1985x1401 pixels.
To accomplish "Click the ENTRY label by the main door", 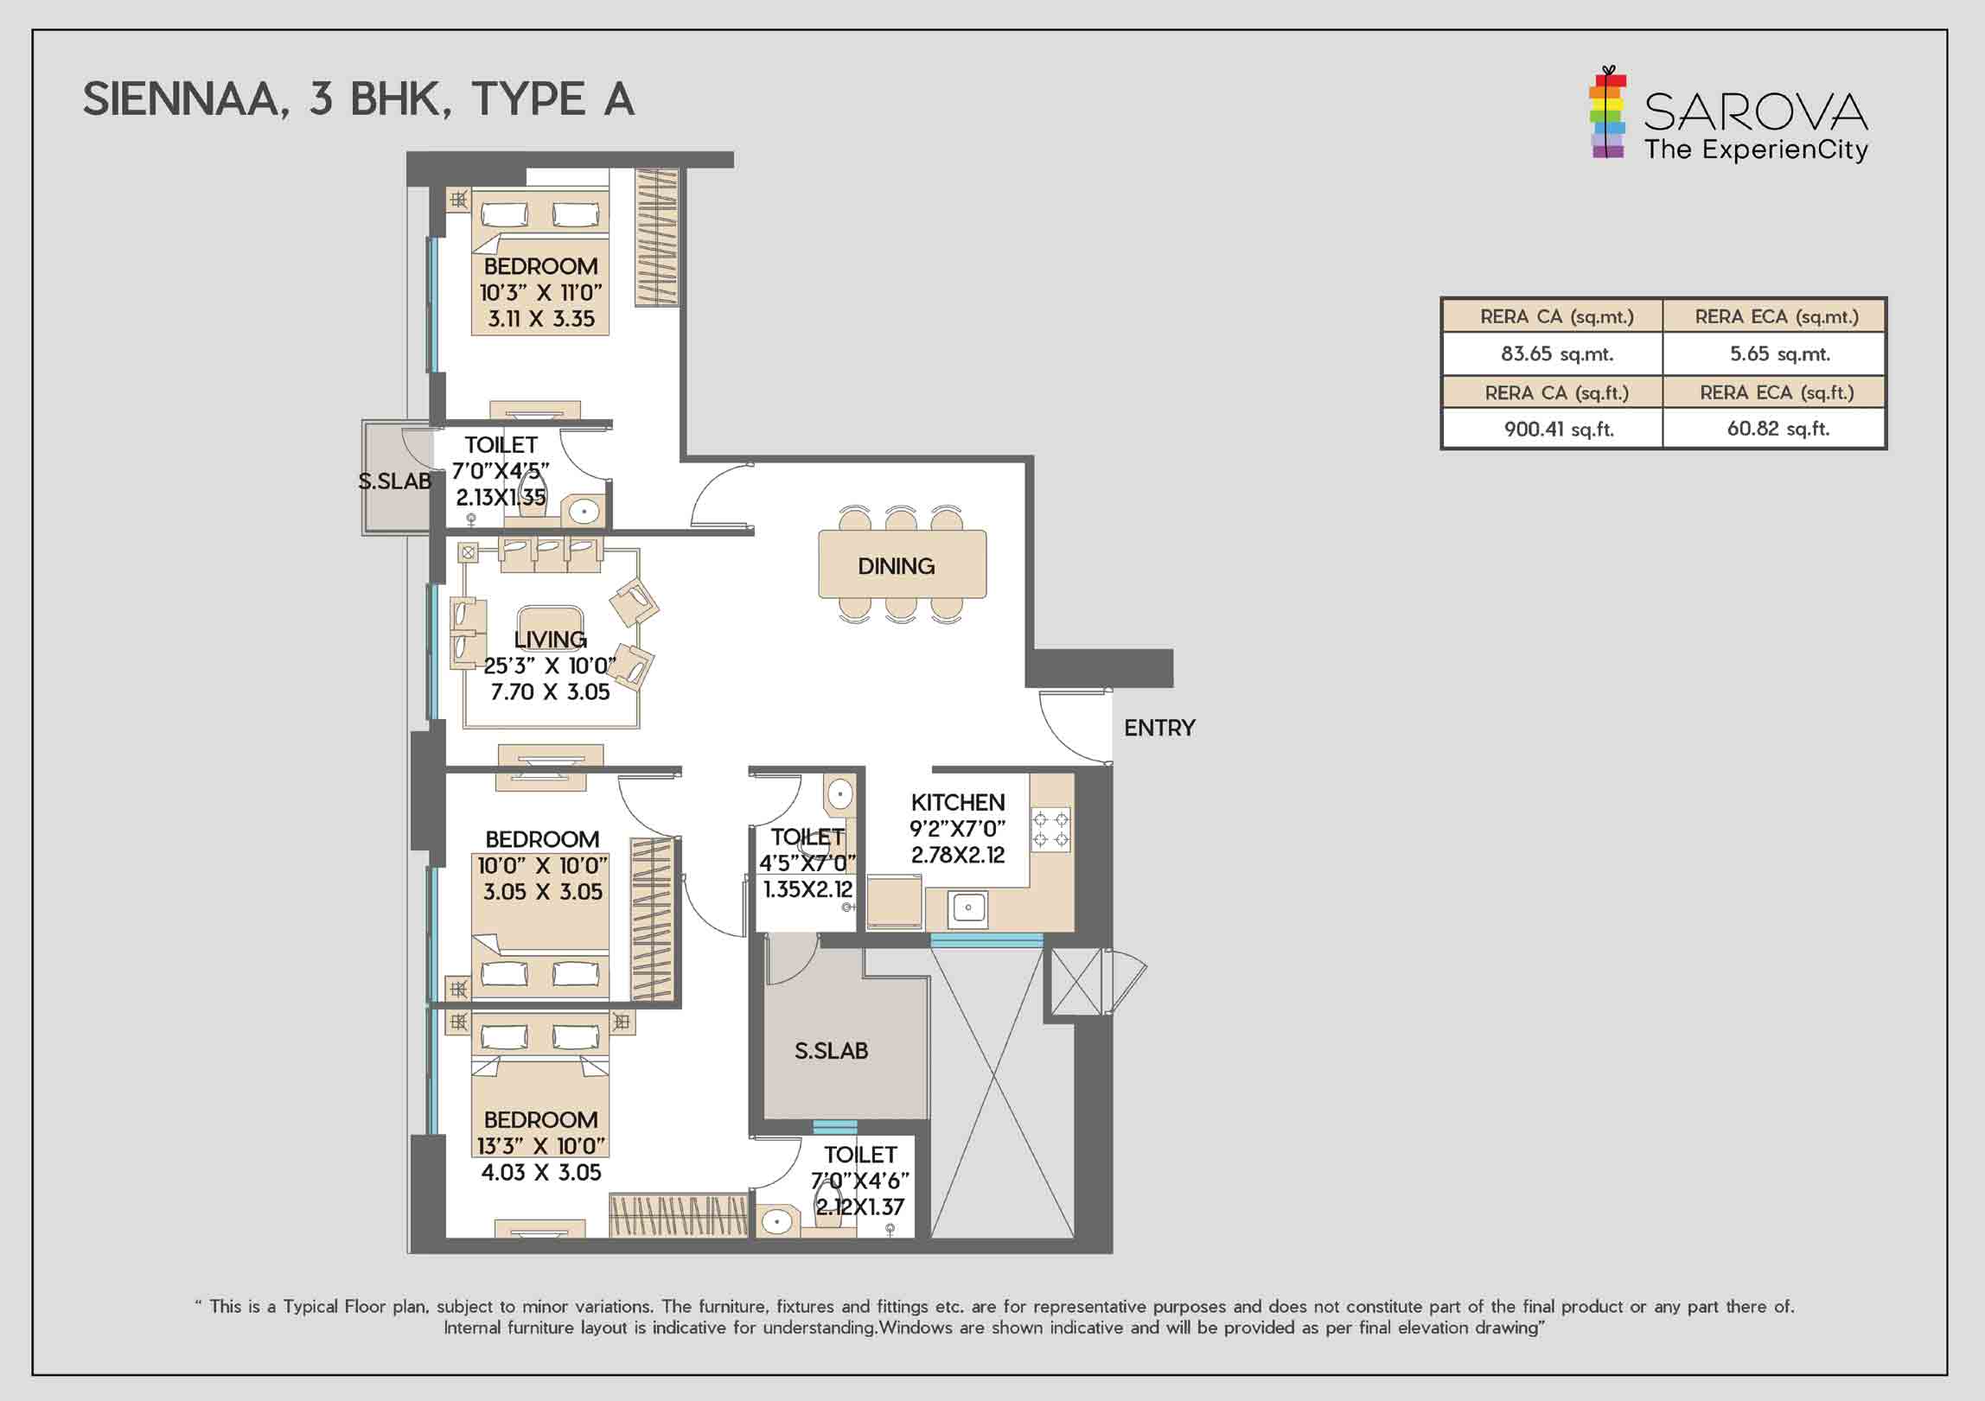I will coord(1158,728).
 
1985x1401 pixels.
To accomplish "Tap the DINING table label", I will coord(896,566).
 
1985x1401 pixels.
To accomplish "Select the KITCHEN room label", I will coord(957,802).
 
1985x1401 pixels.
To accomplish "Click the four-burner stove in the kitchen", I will coord(1050,829).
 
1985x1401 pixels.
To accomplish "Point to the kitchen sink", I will coord(968,907).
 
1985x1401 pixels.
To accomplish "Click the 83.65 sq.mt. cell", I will coord(1556,353).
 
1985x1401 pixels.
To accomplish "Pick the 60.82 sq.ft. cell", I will coord(1778,429).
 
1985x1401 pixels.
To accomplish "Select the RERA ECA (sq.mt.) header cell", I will coord(1776,316).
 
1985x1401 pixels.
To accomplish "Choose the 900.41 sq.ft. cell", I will coord(1558,429).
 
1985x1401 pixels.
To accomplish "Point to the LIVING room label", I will coord(550,640).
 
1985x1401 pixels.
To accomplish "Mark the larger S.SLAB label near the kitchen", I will coord(831,1051).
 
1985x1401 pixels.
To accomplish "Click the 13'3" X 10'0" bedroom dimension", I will coord(541,1146).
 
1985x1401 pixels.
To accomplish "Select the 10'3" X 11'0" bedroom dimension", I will coord(541,292).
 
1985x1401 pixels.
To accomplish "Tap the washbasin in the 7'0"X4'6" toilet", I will coord(777,1221).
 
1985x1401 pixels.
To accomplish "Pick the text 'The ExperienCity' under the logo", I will coord(1755,150).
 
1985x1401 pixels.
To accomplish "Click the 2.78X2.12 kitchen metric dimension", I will coord(957,855).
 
